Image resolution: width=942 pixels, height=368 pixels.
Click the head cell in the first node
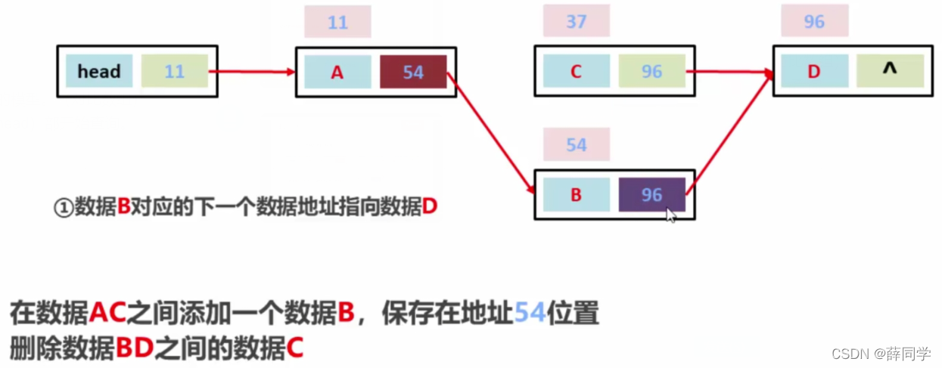tap(99, 71)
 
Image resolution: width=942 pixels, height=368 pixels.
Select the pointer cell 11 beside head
tap(174, 71)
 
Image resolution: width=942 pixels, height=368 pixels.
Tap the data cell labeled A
tap(337, 72)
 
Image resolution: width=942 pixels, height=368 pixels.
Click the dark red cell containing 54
tap(413, 72)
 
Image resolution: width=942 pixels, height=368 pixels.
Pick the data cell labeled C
tap(576, 72)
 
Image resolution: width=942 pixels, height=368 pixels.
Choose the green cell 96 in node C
tap(651, 72)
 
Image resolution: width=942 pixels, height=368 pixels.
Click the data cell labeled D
tap(814, 72)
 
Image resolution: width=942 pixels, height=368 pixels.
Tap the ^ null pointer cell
tap(890, 70)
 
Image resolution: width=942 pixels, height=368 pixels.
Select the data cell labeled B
tap(576, 195)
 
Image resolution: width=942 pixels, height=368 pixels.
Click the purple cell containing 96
tap(651, 195)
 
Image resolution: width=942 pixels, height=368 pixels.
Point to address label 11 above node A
tap(337, 23)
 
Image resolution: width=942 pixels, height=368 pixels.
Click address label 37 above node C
tap(576, 22)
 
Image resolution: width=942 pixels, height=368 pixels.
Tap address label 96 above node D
tap(814, 22)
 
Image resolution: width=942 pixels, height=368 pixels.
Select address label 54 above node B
tap(576, 144)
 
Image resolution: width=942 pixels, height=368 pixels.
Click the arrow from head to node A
tap(250, 72)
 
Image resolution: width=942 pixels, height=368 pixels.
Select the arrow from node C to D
tap(728, 73)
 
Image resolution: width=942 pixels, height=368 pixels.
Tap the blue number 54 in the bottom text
tap(530, 312)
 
